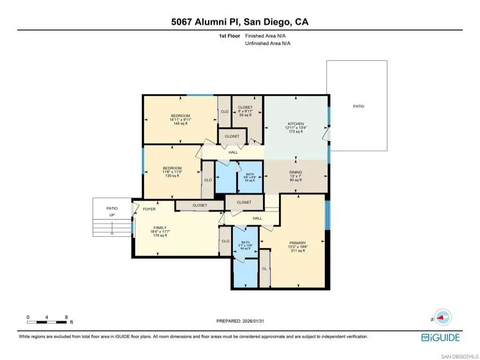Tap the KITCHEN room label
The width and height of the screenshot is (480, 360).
[x=296, y=124]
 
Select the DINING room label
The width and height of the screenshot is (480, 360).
[x=296, y=172]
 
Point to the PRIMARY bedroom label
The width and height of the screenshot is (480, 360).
[x=298, y=243]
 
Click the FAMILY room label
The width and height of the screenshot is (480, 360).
[x=160, y=228]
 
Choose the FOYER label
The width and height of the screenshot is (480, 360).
[x=150, y=209]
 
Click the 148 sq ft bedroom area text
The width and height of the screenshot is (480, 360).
[x=180, y=124]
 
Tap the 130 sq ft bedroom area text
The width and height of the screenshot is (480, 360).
[x=172, y=176]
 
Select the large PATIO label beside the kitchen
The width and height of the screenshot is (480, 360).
[x=359, y=106]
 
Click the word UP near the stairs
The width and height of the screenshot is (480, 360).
[x=112, y=215]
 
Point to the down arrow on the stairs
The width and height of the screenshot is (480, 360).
[x=112, y=228]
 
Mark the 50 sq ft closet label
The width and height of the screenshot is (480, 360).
[x=246, y=115]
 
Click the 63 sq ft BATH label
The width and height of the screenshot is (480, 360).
[x=250, y=180]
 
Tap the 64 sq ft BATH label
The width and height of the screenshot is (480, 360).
[x=246, y=248]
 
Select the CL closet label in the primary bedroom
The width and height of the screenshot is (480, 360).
[x=264, y=269]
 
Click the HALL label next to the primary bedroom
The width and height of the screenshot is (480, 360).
[x=257, y=218]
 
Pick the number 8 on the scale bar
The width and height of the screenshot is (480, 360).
[x=67, y=317]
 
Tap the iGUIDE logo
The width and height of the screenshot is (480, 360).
[x=441, y=337]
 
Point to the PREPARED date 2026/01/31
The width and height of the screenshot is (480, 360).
[x=253, y=321]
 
